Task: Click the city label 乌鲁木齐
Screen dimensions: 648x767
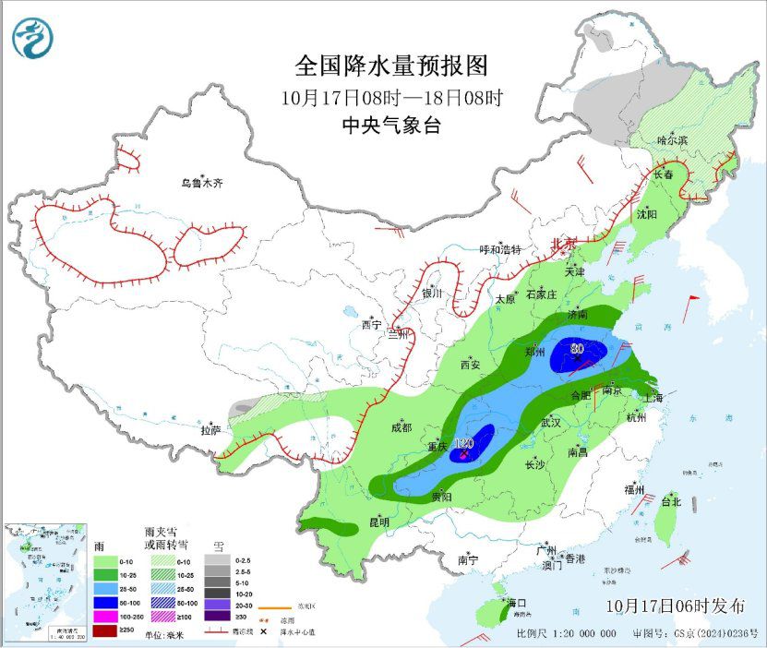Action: pyautogui.click(x=201, y=183)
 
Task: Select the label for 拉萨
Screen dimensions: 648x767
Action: pyautogui.click(x=210, y=429)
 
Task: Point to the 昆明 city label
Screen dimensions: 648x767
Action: pyautogui.click(x=378, y=522)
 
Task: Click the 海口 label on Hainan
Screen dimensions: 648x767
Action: pyautogui.click(x=517, y=603)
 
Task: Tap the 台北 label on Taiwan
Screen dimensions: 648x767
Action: pyautogui.click(x=670, y=502)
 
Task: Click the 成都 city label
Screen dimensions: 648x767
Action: pyautogui.click(x=401, y=426)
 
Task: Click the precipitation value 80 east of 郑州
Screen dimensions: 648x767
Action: pyautogui.click(x=577, y=349)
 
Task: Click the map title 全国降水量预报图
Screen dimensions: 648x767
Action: pyautogui.click(x=390, y=66)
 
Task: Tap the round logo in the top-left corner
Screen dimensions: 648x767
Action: pyautogui.click(x=33, y=38)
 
